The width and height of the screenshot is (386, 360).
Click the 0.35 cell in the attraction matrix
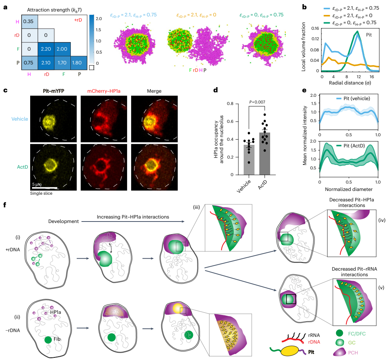click(28, 22)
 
